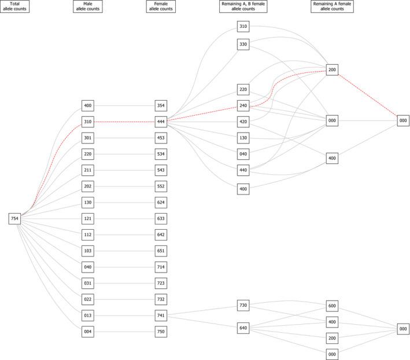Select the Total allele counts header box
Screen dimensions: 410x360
click(x=16, y=7)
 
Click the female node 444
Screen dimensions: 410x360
click(x=162, y=122)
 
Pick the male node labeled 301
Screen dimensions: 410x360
click(x=88, y=138)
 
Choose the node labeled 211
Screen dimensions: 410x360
click(x=88, y=170)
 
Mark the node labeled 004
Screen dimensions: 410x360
click(x=88, y=332)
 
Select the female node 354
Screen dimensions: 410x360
click(x=162, y=105)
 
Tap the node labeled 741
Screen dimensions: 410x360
click(x=162, y=315)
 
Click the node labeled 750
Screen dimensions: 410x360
click(x=162, y=332)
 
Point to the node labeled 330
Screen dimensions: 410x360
click(x=243, y=44)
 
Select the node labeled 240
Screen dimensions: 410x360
click(x=243, y=105)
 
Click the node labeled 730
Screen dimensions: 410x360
click(x=243, y=305)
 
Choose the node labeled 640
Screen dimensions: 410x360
click(x=243, y=328)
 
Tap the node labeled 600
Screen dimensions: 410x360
click(x=332, y=305)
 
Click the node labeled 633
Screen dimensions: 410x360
click(x=162, y=218)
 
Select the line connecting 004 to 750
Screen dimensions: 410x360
click(x=125, y=332)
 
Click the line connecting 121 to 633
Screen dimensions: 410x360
click(x=125, y=218)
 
